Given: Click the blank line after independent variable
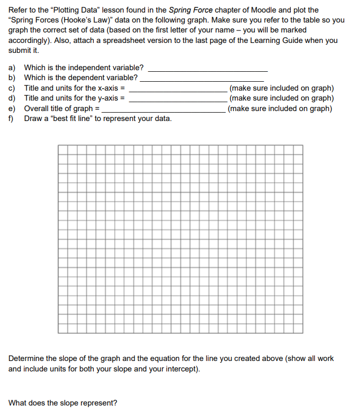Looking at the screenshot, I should pyautogui.click(x=209, y=70).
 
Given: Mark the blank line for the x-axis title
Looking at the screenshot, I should pyautogui.click(x=178, y=91).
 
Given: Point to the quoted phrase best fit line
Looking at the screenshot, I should pyautogui.click(x=71, y=118).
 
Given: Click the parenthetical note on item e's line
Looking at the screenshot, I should pyautogui.click(x=281, y=108).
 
